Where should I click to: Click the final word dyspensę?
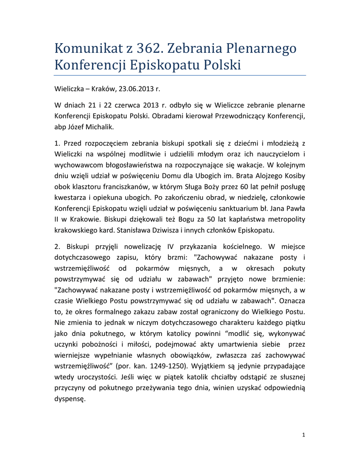click(70, 399)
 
